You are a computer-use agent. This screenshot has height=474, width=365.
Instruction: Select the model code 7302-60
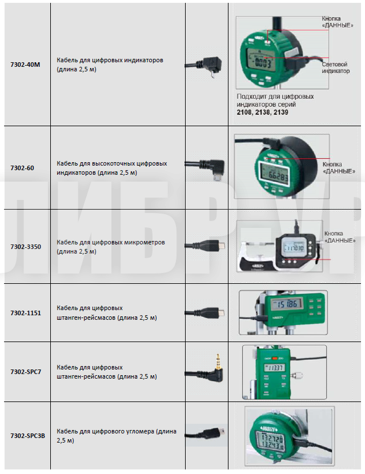coord(23,168)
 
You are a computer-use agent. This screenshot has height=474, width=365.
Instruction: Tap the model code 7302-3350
coord(25,247)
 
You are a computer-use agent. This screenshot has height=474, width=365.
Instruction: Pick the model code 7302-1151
coord(25,313)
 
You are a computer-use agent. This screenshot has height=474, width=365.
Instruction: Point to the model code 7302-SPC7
coord(26,372)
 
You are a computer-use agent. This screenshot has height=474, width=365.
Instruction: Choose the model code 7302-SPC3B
coord(27,436)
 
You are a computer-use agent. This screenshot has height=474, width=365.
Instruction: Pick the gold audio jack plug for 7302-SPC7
coord(218,364)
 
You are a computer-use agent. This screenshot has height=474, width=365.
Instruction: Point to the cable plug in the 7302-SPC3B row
coord(219,433)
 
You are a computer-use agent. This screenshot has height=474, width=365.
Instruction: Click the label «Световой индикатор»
coord(334,68)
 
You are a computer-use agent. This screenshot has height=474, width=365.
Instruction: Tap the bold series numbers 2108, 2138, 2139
coord(262,113)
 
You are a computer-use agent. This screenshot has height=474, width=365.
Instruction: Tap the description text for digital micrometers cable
coord(110,246)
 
